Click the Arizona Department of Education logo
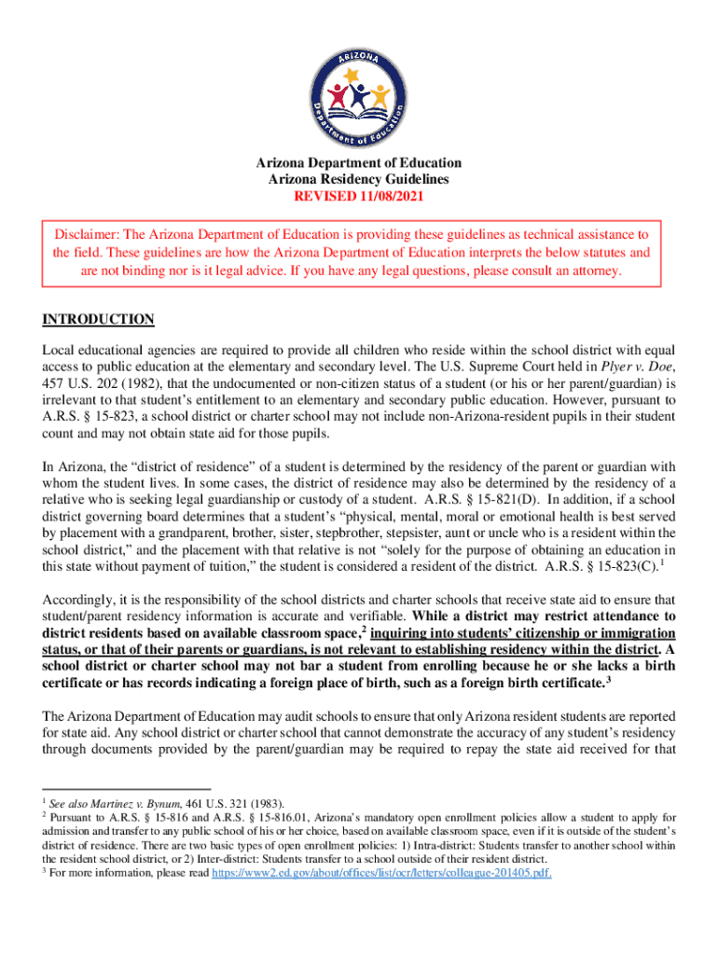tap(359, 81)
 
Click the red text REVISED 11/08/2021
tap(359, 197)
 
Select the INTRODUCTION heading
tap(98, 320)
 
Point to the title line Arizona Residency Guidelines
tap(359, 180)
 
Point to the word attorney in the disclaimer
tap(597, 271)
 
